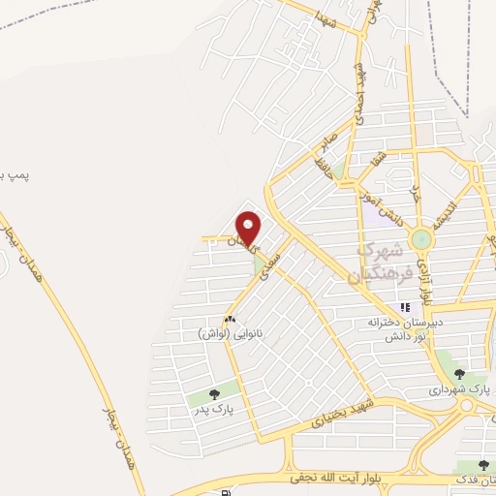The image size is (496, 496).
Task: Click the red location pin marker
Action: click(249, 227)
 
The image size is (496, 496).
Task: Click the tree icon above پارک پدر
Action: click(214, 393)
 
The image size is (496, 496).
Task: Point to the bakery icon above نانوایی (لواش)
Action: click(230, 319)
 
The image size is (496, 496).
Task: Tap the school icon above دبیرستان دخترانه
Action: click(405, 307)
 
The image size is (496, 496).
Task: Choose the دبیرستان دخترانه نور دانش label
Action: click(403, 325)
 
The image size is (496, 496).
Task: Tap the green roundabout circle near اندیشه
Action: click(422, 239)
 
